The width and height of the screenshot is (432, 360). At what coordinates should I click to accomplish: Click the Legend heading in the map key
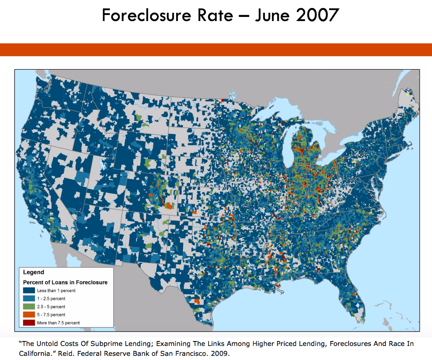pyautogui.click(x=33, y=272)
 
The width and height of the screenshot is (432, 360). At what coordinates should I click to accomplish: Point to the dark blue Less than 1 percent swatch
pyautogui.click(x=29, y=290)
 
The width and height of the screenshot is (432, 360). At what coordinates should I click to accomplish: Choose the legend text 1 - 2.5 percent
pyautogui.click(x=51, y=299)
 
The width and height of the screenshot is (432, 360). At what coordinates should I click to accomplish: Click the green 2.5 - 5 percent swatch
pyautogui.click(x=29, y=306)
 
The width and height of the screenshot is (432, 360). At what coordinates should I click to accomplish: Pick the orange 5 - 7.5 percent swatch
pyautogui.click(x=29, y=315)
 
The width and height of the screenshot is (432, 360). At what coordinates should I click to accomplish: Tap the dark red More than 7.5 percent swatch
pyautogui.click(x=29, y=322)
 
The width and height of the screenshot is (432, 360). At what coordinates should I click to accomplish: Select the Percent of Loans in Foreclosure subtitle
pyautogui.click(x=65, y=282)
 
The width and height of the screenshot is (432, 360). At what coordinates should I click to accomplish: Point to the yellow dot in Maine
pyautogui.click(x=407, y=95)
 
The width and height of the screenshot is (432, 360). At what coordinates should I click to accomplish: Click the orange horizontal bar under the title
pyautogui.click(x=216, y=49)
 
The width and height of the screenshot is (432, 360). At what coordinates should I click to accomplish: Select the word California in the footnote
pyautogui.click(x=33, y=353)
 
